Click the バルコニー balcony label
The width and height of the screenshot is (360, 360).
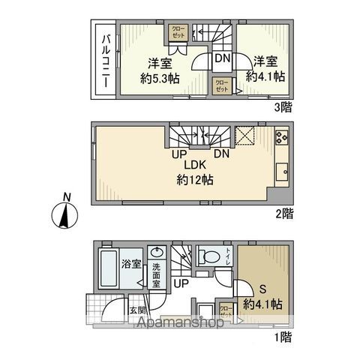105,61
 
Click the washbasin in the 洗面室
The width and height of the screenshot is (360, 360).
158,253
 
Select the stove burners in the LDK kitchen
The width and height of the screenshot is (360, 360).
281,136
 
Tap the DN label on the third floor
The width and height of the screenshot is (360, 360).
222,57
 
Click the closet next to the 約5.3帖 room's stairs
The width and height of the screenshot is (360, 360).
178,32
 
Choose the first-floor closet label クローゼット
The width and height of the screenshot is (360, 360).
225,309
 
